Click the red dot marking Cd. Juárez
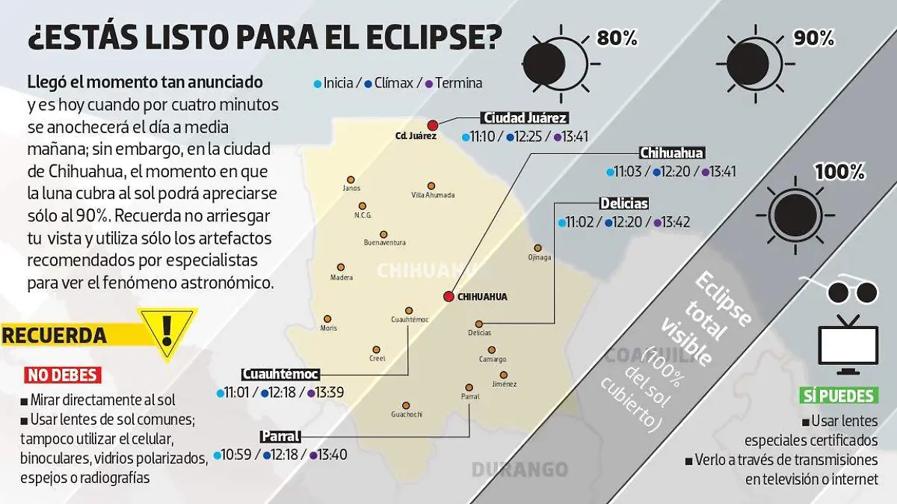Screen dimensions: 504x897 click(432, 125)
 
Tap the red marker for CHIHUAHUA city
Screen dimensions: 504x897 click(449, 297)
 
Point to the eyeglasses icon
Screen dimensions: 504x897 click(837, 288)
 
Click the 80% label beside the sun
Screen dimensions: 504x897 click(617, 38)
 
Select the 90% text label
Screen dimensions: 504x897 click(813, 38)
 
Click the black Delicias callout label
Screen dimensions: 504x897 click(623, 203)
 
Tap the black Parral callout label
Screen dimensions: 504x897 click(280, 437)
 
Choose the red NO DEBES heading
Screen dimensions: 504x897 click(62, 375)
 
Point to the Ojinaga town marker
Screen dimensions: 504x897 click(537, 248)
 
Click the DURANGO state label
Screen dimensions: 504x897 click(520, 470)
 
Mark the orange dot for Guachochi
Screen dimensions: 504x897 click(406, 405)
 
